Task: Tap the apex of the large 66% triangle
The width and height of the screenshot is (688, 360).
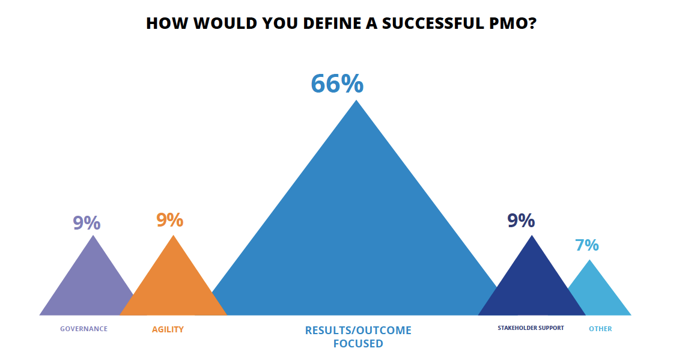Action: point(356,100)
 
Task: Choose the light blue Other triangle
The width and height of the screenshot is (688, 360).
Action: point(594,296)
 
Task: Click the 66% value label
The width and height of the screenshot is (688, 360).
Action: point(337,84)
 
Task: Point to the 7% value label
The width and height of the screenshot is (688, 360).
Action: point(586,245)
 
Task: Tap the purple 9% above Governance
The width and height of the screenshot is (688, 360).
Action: point(87,222)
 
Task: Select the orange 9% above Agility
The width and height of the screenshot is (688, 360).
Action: point(170,220)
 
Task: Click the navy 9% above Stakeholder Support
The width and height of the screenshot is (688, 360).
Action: point(521,221)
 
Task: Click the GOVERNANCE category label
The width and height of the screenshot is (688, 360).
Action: point(84,329)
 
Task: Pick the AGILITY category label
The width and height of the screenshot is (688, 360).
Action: point(168,329)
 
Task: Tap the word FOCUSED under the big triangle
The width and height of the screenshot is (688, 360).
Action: point(358,343)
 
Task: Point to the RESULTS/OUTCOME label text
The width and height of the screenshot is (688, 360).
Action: point(358,330)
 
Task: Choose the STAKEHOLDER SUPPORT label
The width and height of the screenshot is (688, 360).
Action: point(531,328)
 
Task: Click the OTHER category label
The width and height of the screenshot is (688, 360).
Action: point(600,329)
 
